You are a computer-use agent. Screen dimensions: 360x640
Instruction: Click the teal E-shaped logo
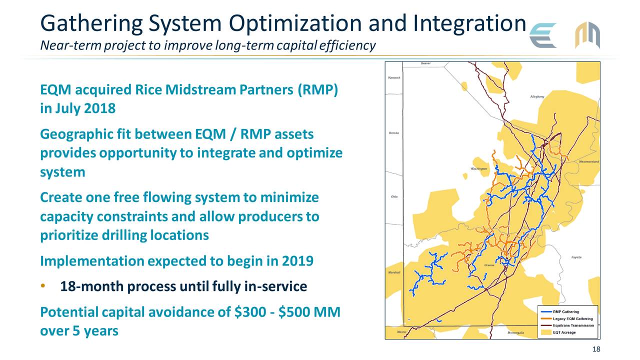543,35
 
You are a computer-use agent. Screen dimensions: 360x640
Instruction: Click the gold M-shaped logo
587,35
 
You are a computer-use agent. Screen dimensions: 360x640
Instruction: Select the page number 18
595,349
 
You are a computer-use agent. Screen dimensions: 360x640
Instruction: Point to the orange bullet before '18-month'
44,286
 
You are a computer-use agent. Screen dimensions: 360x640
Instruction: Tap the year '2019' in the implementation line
297,261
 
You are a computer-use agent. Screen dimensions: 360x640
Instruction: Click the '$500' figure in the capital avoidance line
295,313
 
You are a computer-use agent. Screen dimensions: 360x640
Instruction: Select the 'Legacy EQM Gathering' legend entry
572,319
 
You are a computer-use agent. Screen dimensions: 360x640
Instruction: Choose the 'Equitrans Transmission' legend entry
573,325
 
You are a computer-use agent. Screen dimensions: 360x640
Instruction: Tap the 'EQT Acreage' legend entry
564,332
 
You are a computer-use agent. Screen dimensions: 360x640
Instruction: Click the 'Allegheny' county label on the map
537,96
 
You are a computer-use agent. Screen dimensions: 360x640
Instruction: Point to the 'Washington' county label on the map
478,169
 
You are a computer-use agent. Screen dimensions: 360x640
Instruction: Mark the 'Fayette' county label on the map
576,257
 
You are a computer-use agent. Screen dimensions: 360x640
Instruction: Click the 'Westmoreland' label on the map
588,162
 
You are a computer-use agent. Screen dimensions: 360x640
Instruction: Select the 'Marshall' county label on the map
394,272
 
